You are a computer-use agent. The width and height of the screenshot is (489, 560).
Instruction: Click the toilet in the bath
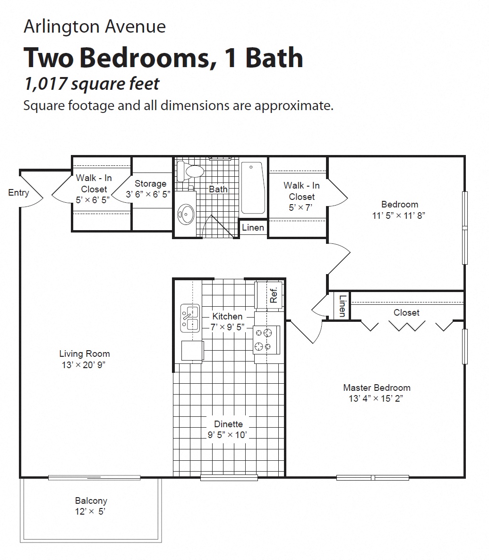click(x=191, y=171)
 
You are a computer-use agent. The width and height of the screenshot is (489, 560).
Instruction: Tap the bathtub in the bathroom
click(x=253, y=188)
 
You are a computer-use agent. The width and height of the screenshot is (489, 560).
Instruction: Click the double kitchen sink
click(x=190, y=318)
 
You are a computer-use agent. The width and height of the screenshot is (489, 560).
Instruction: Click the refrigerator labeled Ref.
click(x=269, y=295)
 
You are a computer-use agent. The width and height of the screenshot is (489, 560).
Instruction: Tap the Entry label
click(x=18, y=193)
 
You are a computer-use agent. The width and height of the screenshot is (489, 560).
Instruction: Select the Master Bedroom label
click(x=377, y=388)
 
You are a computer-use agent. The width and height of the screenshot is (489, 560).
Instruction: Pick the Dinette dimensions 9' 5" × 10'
click(x=227, y=435)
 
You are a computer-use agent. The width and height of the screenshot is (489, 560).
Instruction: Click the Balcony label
click(x=91, y=500)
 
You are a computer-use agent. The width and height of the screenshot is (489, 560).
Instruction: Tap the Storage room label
click(x=150, y=183)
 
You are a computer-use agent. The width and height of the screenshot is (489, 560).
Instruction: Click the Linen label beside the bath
click(x=253, y=227)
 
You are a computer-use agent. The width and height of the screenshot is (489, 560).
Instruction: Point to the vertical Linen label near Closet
click(x=343, y=306)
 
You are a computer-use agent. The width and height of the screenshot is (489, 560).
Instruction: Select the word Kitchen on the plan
click(x=227, y=316)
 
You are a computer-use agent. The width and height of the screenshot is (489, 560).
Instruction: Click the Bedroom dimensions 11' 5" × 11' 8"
click(x=400, y=215)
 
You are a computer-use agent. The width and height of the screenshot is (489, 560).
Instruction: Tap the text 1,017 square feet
click(x=92, y=84)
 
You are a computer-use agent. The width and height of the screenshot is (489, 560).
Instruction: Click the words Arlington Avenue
click(x=94, y=26)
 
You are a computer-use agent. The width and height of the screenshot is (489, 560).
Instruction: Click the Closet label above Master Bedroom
click(x=406, y=312)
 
